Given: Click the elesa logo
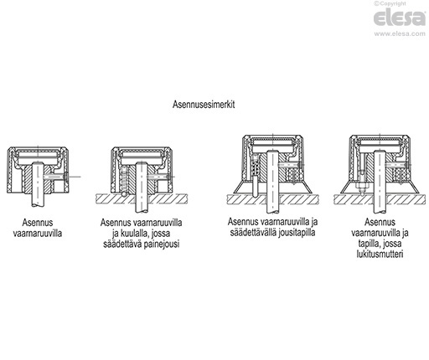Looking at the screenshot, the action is pyautogui.click(x=400, y=18).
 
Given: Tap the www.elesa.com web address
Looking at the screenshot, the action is pyautogui.click(x=400, y=33).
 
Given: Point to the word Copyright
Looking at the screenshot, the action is pyautogui.click(x=393, y=3).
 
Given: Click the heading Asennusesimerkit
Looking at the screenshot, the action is pyautogui.click(x=204, y=105).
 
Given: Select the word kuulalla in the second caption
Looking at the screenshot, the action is pyautogui.click(x=132, y=234).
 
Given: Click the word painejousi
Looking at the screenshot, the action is pyautogui.click(x=162, y=244).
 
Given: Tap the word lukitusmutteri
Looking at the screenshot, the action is pyautogui.click(x=380, y=254).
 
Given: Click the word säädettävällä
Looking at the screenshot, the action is pyautogui.click(x=253, y=233).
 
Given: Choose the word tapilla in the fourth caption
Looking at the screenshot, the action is pyautogui.click(x=369, y=244).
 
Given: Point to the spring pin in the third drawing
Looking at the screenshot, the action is pyautogui.click(x=255, y=185).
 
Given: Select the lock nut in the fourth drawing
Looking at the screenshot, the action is pyautogui.click(x=362, y=187).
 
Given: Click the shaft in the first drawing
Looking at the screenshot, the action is pyautogui.click(x=38, y=184).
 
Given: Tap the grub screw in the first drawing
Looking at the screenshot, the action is pyautogui.click(x=56, y=177).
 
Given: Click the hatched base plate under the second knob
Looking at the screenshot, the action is pyautogui.click(x=142, y=198).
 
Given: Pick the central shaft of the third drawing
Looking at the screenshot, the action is pyautogui.click(x=272, y=182).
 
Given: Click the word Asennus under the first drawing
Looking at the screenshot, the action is pyautogui.click(x=38, y=223).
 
